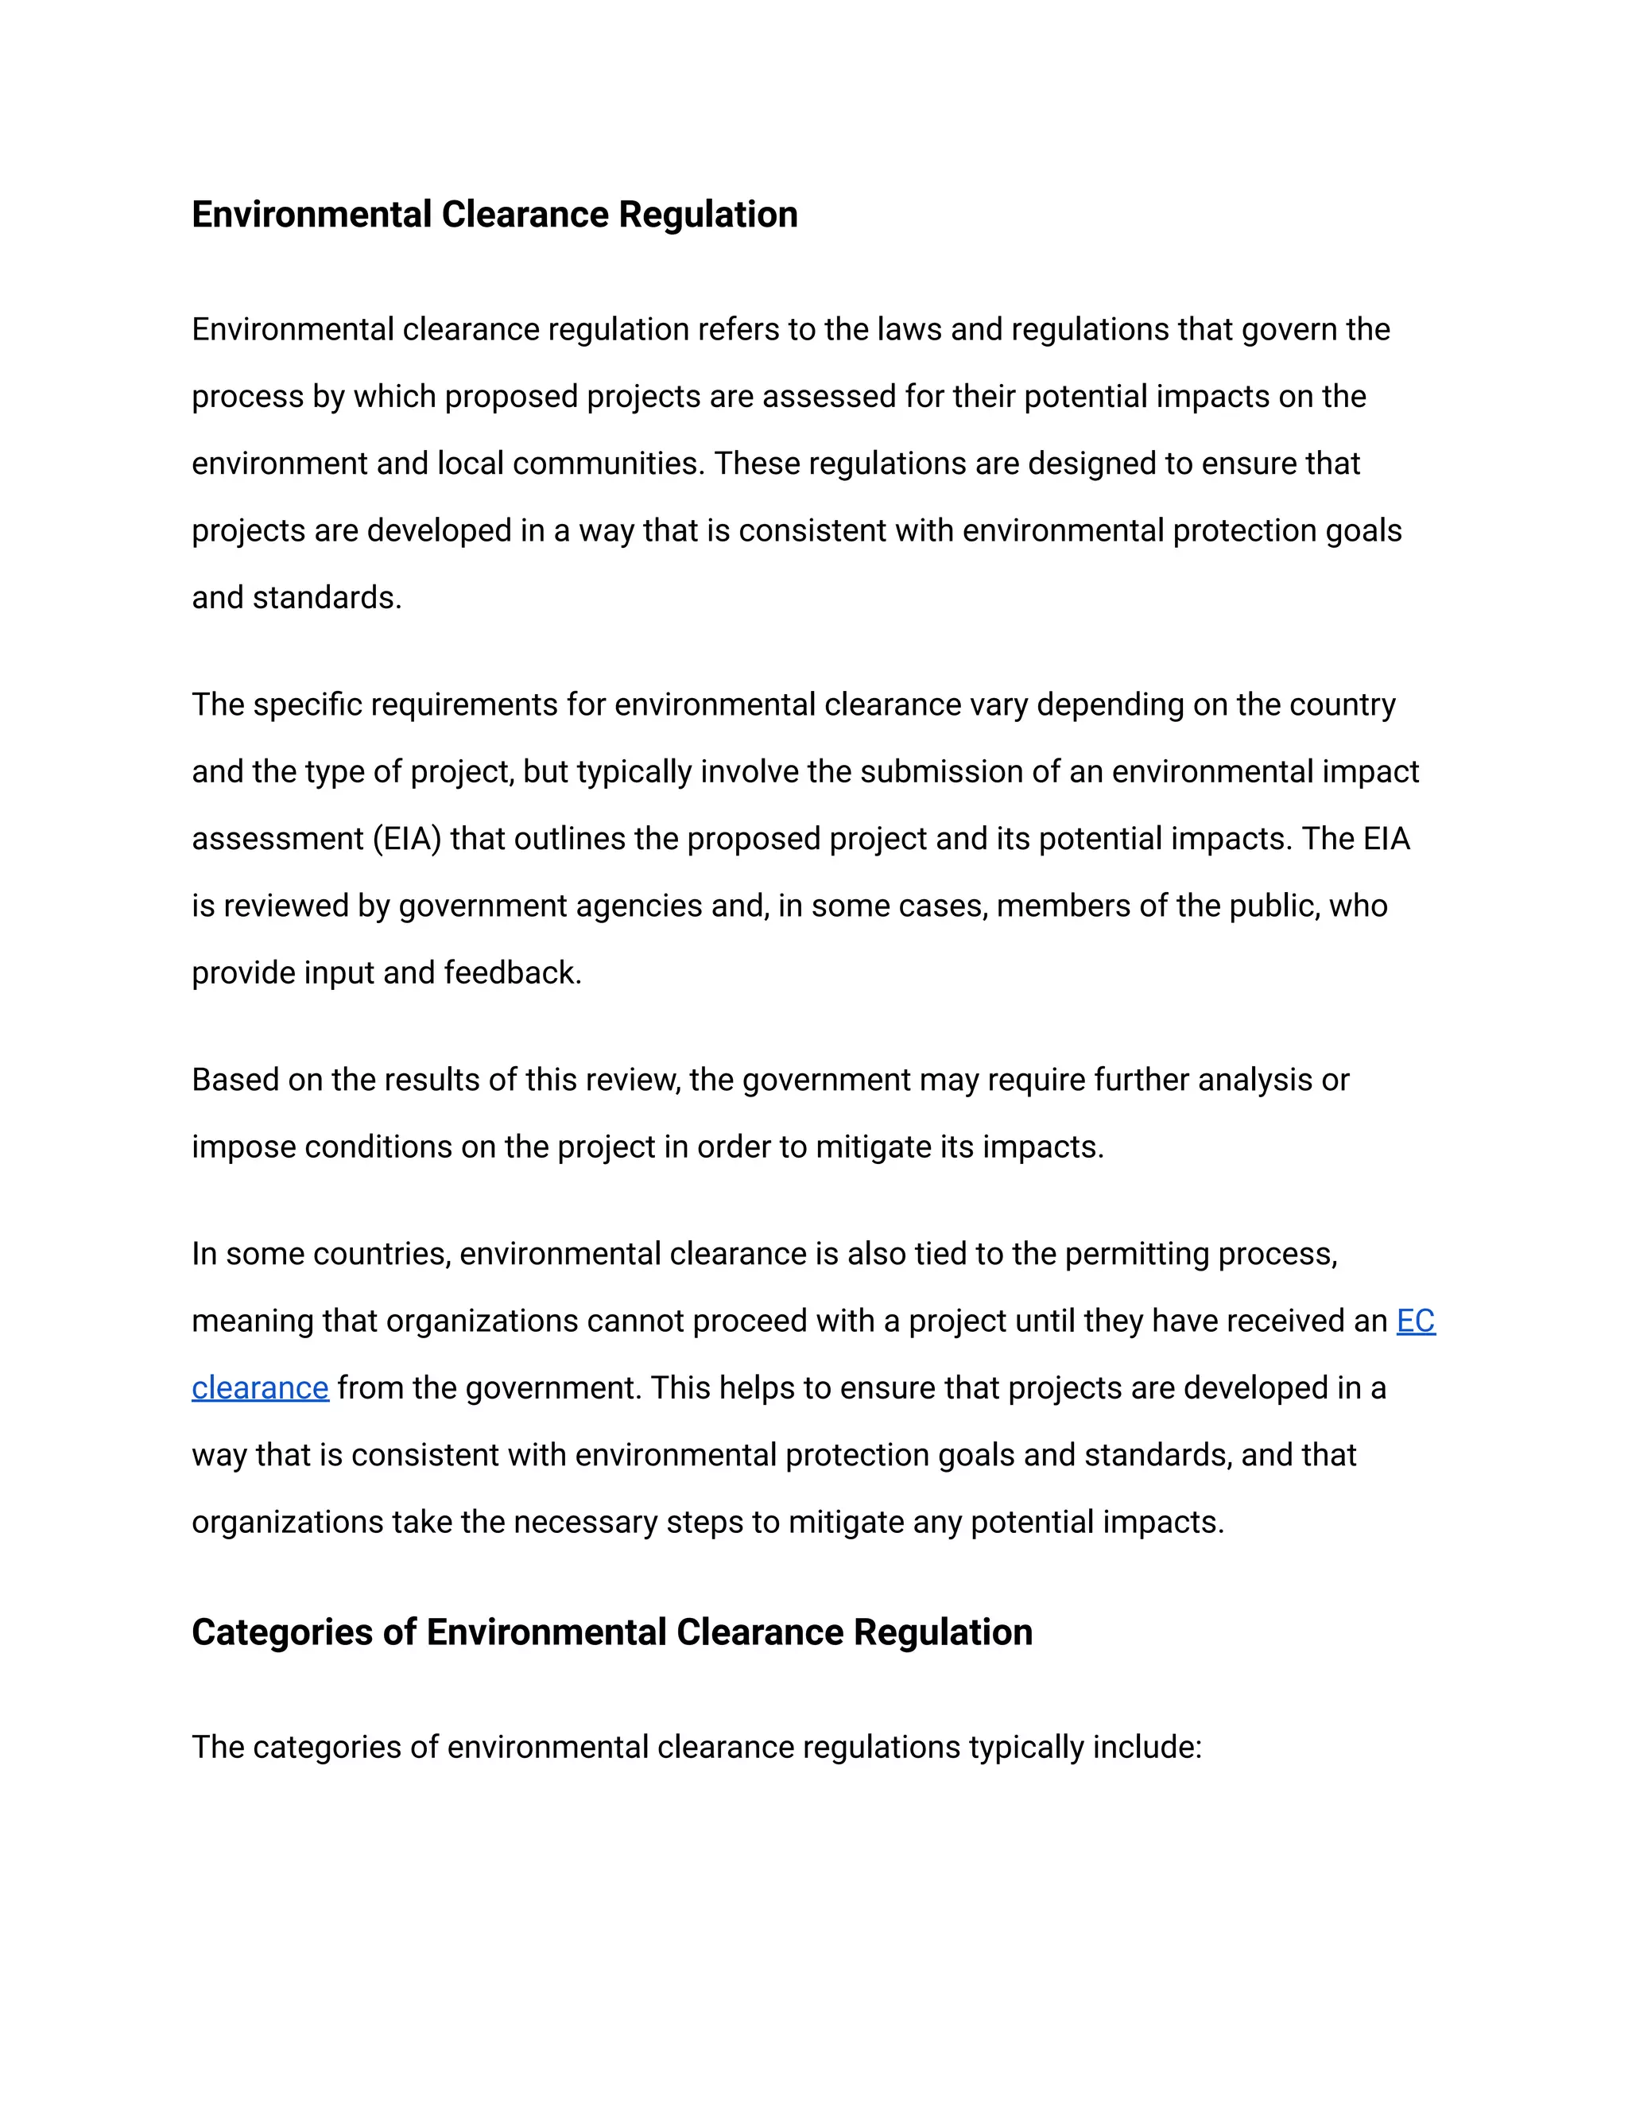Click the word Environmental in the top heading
[x=312, y=214]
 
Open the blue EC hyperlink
[x=1415, y=1321]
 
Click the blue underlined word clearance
[x=259, y=1387]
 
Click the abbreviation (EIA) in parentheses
[x=406, y=840]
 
